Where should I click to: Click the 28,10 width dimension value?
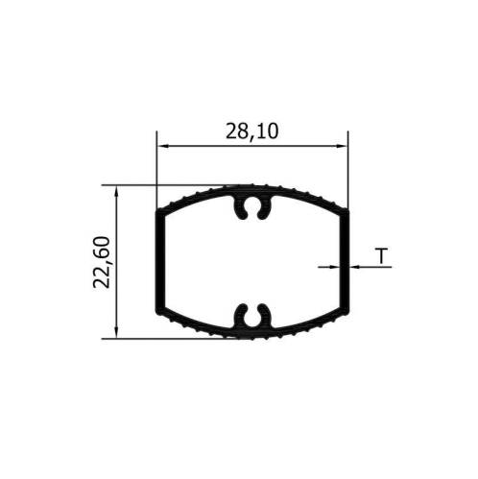click(251, 132)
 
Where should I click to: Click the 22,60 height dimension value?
click(102, 262)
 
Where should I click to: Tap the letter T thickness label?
click(381, 255)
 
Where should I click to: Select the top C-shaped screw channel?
click(252, 207)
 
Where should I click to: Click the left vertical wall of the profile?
click(160, 262)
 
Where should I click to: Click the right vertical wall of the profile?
click(345, 262)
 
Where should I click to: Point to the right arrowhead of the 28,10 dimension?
click(341, 146)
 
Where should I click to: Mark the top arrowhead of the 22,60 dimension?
click(116, 192)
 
